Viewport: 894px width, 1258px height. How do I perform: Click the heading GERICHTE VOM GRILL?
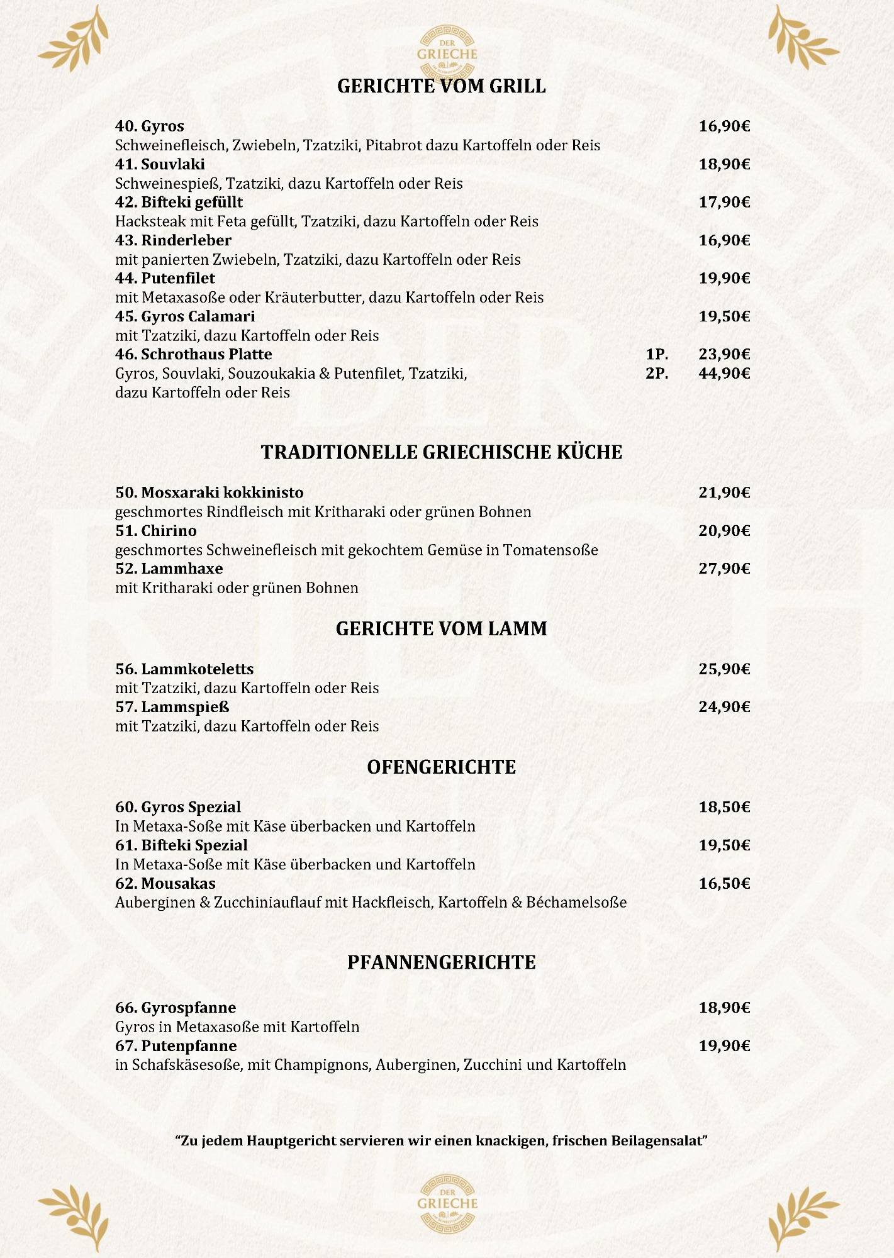click(441, 86)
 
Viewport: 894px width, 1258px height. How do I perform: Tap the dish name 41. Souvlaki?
click(160, 164)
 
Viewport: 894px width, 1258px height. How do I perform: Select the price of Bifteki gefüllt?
click(724, 202)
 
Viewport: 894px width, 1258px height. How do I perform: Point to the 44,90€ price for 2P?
click(724, 374)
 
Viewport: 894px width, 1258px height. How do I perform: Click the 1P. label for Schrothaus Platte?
click(657, 355)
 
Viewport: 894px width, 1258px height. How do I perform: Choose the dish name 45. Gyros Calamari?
click(185, 316)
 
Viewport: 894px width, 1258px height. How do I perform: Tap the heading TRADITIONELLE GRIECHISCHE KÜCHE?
click(442, 452)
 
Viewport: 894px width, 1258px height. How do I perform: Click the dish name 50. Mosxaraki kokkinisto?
click(209, 493)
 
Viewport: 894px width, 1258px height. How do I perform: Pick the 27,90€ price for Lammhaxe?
click(724, 569)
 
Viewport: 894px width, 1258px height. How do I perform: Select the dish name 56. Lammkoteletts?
click(184, 669)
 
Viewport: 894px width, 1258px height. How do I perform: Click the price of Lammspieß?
click(724, 707)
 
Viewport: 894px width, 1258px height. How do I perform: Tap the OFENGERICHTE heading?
click(442, 767)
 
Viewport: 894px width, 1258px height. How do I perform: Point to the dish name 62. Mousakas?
click(165, 884)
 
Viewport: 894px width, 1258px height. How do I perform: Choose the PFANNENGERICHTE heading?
click(442, 962)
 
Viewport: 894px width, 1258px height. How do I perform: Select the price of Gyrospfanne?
click(724, 1008)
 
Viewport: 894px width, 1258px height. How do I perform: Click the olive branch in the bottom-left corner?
click(74, 1217)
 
